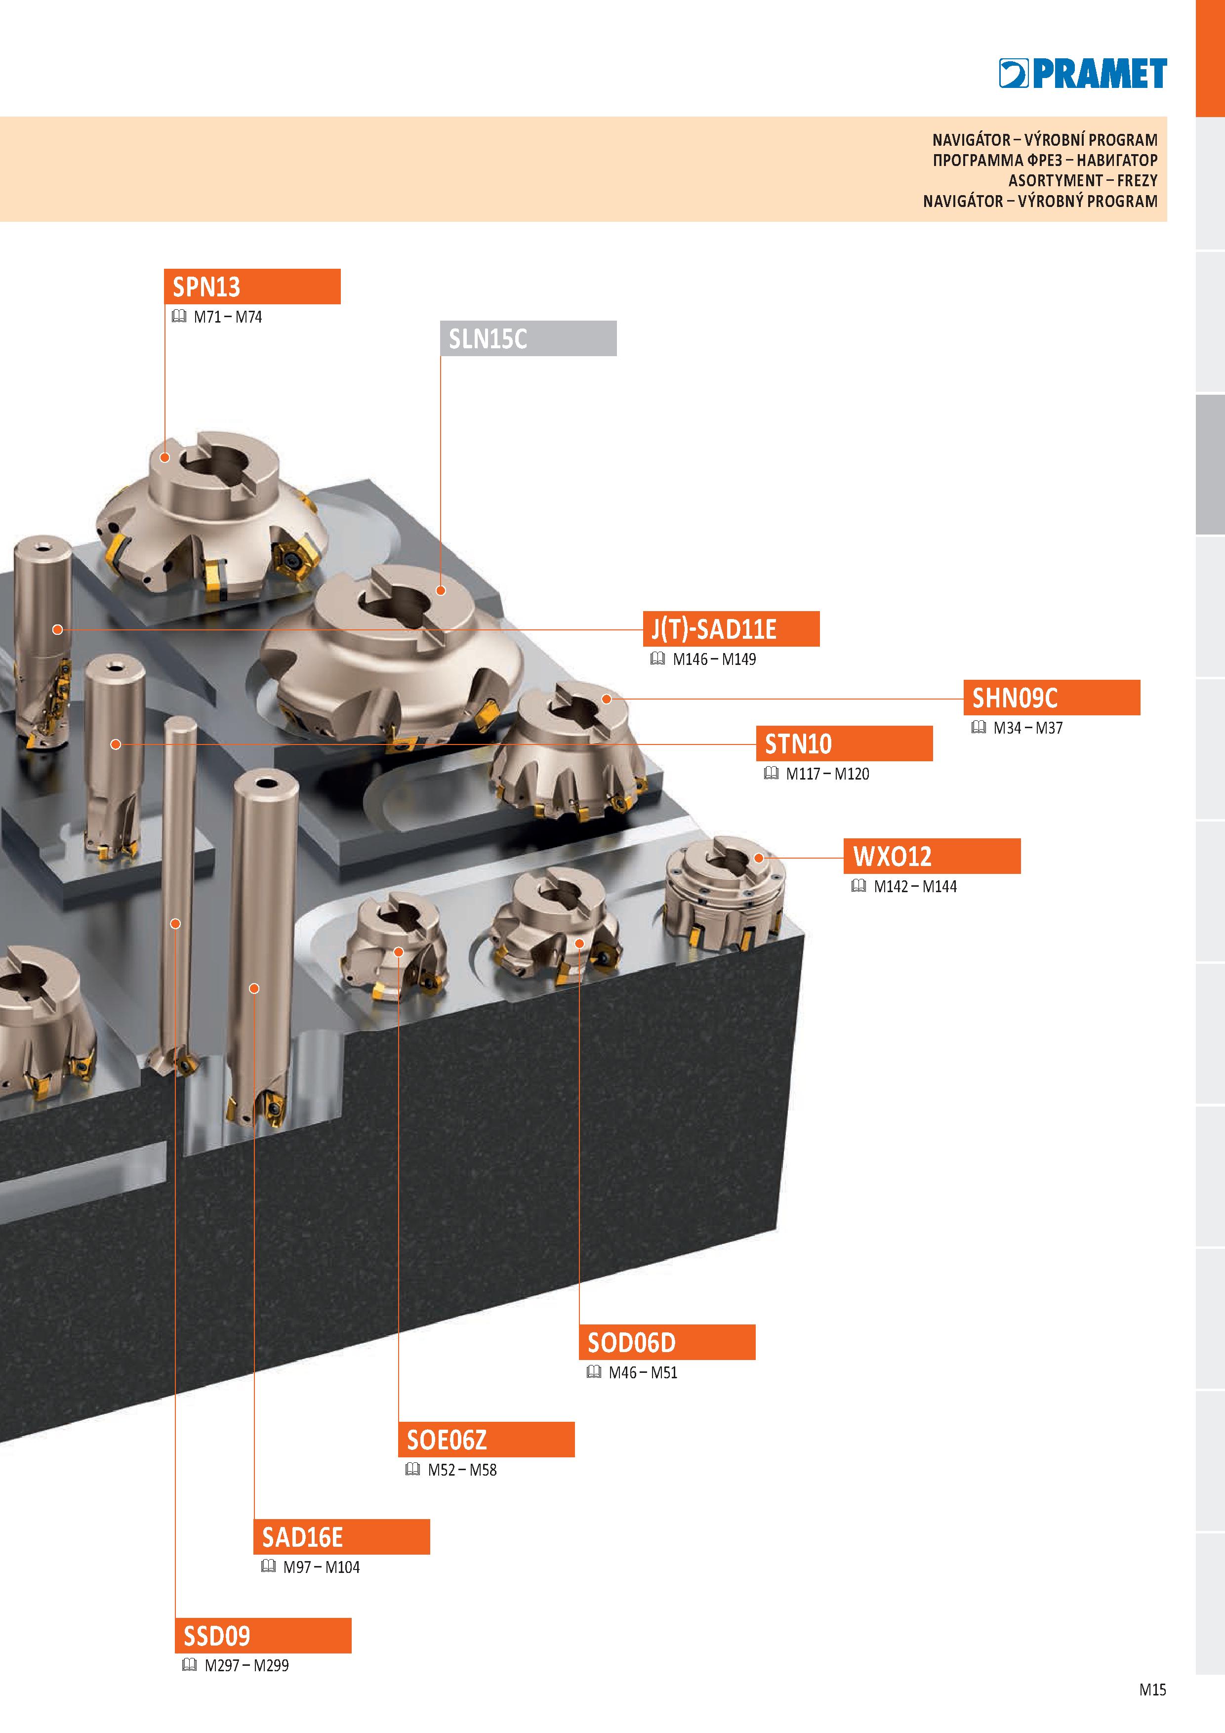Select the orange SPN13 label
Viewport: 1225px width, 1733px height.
[252, 287]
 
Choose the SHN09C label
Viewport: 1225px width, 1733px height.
[1052, 698]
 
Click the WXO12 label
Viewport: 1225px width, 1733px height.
[932, 856]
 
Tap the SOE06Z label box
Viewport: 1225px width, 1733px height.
[486, 1440]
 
